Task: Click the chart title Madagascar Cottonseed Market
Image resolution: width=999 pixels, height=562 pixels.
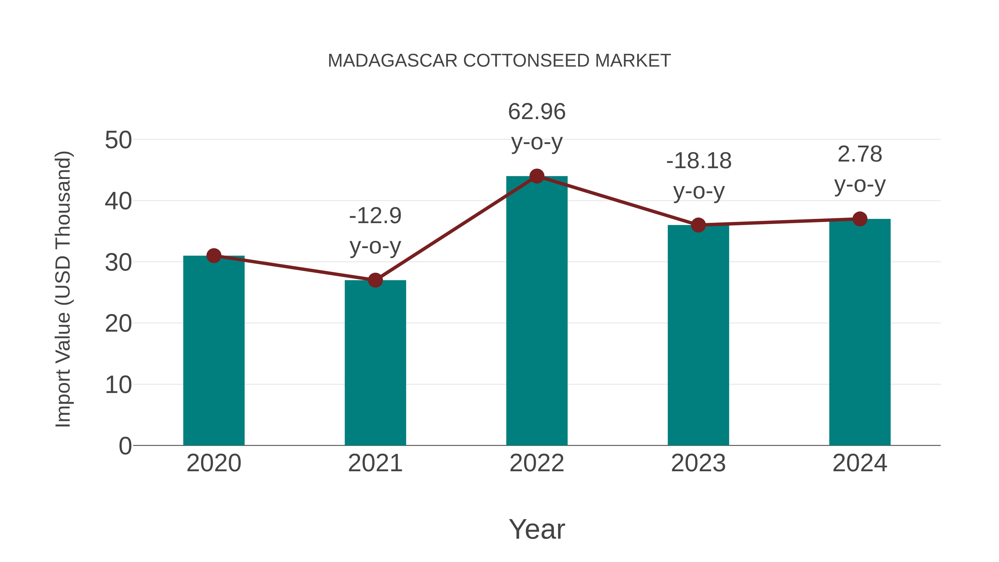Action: point(499,61)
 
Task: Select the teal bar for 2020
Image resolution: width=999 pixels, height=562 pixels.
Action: point(214,351)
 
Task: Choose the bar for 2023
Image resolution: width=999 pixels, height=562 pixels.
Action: point(698,336)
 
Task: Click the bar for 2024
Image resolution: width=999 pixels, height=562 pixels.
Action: point(860,332)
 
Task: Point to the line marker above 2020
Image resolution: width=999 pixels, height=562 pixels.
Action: point(214,256)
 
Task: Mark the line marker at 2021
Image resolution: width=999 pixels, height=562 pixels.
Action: point(375,280)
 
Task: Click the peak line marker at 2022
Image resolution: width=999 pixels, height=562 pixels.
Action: point(537,176)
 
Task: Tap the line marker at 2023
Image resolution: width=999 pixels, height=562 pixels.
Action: point(698,225)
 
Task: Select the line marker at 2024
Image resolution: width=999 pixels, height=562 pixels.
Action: point(860,219)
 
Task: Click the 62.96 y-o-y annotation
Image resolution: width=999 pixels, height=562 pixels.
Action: point(537,127)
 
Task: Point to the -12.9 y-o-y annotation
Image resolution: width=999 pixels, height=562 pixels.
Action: point(375,231)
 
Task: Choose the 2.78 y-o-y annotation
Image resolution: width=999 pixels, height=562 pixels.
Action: point(860,170)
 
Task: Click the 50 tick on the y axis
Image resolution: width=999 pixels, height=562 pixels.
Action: point(118,140)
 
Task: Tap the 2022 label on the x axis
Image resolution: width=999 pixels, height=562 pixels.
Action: point(537,463)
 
